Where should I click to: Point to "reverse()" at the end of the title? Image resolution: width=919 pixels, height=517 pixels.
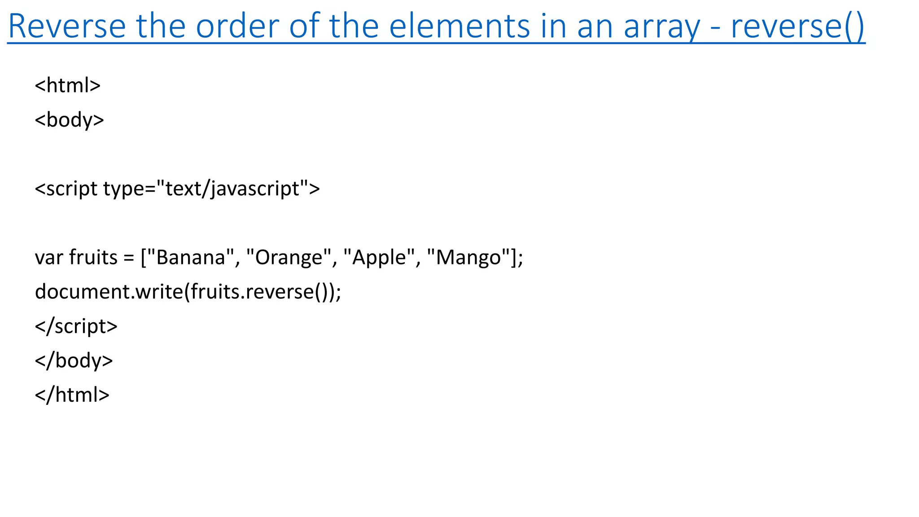point(797,27)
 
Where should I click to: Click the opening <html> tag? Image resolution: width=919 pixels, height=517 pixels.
point(68,85)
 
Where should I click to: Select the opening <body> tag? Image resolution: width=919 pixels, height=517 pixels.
point(70,120)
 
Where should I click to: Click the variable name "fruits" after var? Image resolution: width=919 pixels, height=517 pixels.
point(93,258)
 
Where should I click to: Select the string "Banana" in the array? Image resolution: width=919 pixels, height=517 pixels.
point(190,258)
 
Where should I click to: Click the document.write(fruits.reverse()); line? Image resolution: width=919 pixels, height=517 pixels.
point(188,292)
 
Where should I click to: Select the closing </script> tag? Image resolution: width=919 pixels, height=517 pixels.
point(76,326)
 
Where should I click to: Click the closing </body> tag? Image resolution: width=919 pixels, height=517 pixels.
point(74,360)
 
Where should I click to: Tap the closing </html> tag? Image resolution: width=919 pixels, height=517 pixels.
point(72,395)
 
